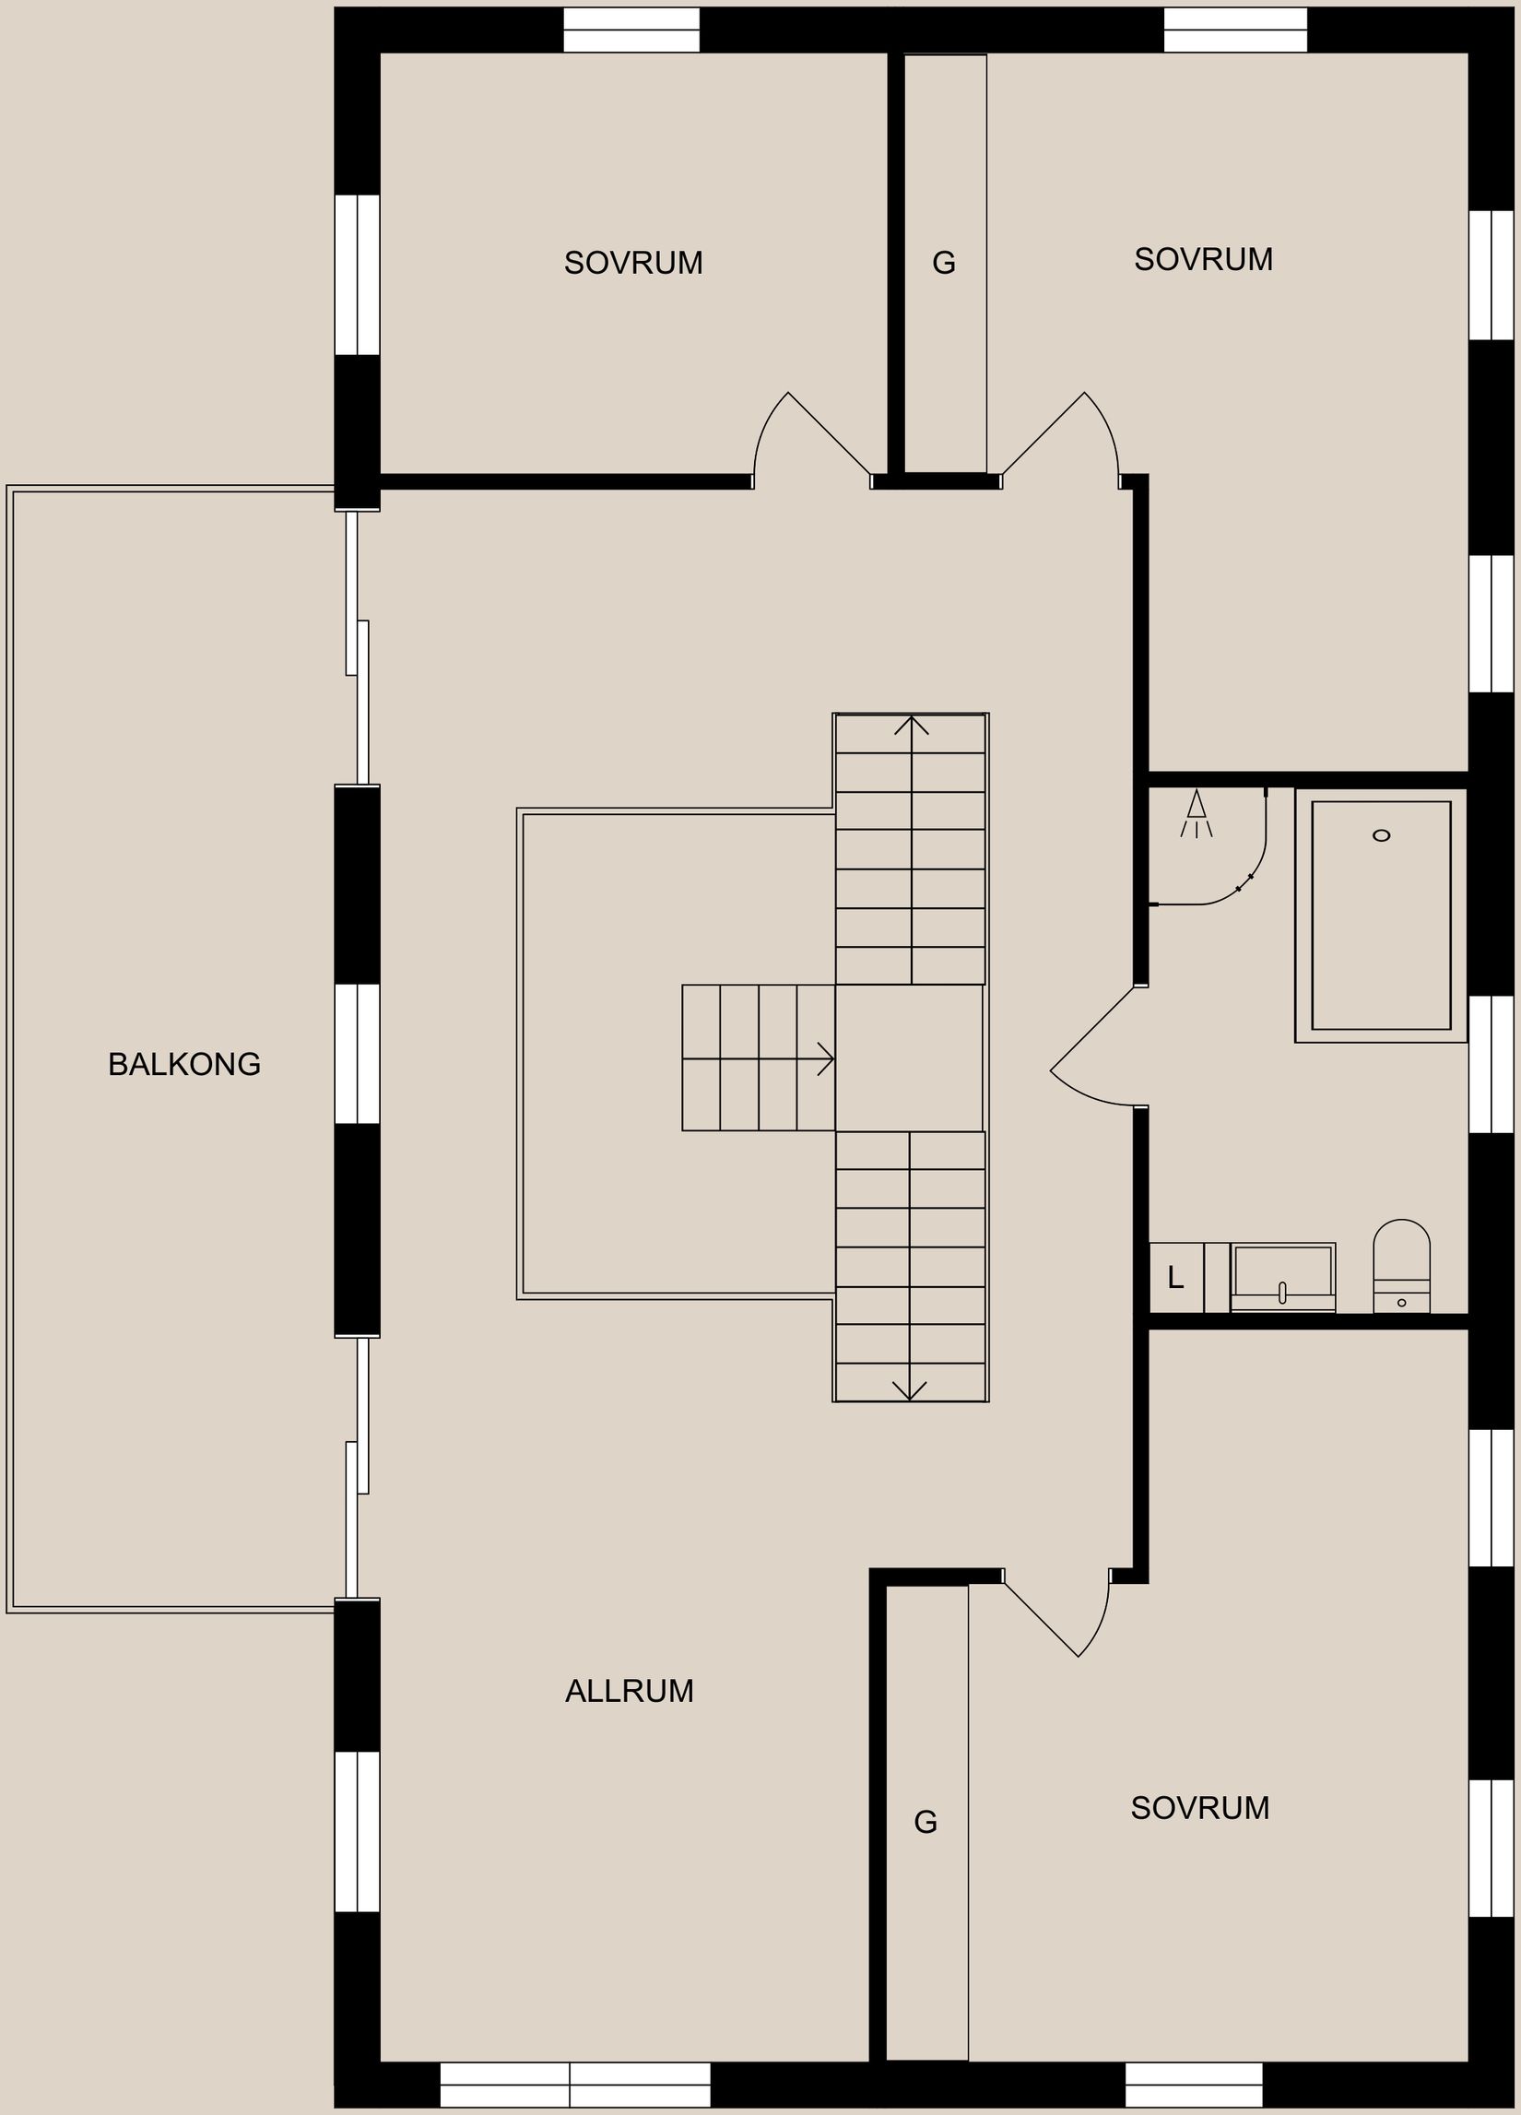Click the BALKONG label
click(x=183, y=1064)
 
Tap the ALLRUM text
click(x=630, y=1691)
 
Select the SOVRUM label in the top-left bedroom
click(x=633, y=263)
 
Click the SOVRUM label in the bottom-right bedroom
click(x=1199, y=1808)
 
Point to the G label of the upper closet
click(x=944, y=264)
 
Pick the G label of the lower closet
click(x=926, y=1821)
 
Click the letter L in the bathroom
click(x=1175, y=1278)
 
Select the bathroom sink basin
click(x=1282, y=1275)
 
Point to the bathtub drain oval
click(x=1381, y=835)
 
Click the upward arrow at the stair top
click(x=911, y=725)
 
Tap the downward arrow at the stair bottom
click(x=909, y=1390)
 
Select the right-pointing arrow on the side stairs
click(x=824, y=1058)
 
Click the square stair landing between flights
click(x=909, y=1057)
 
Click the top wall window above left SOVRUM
click(x=631, y=30)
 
